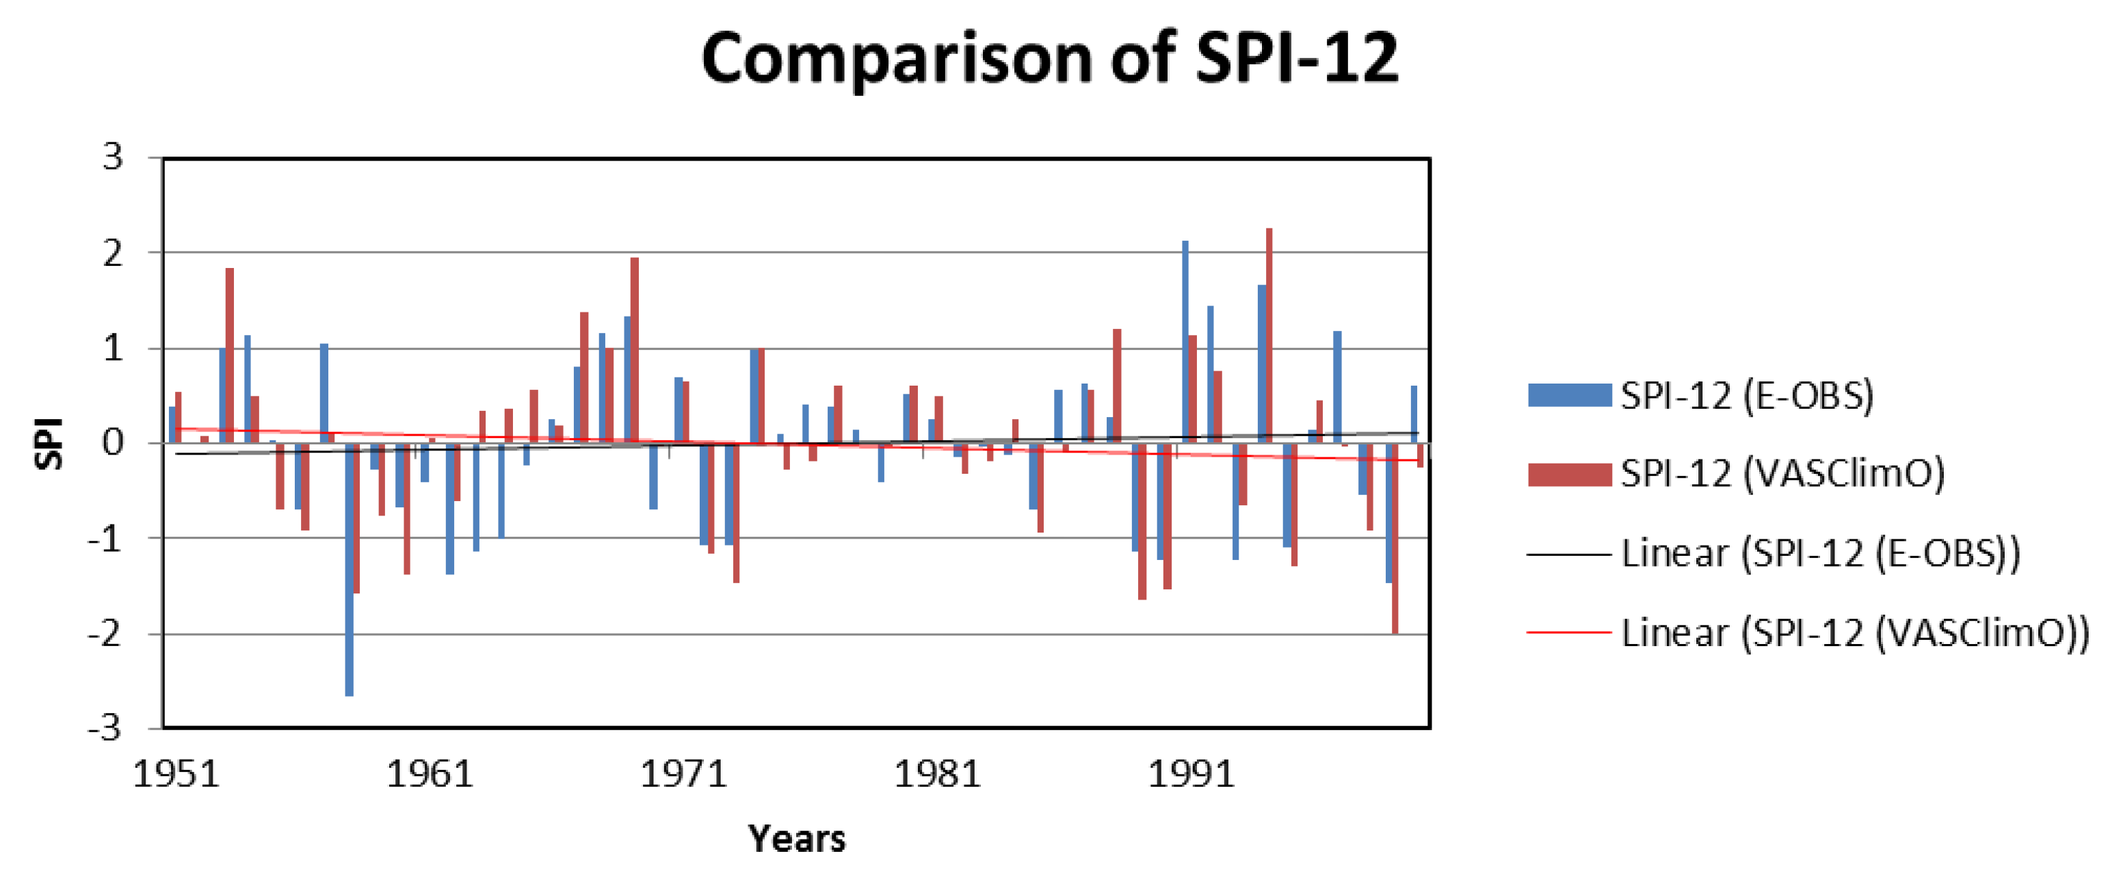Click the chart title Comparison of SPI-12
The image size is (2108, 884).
point(1050,59)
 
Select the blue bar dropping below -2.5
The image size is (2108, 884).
point(350,570)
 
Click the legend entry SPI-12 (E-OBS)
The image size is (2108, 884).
point(1747,396)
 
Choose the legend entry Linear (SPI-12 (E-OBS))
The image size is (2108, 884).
point(1820,554)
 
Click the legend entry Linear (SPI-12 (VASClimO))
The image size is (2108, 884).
point(1854,633)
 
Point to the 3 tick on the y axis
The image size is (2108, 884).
point(113,157)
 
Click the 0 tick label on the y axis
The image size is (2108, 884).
point(113,443)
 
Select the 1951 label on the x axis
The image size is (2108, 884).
point(176,774)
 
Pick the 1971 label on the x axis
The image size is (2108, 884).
point(683,774)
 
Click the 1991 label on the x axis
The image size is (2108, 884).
point(1191,774)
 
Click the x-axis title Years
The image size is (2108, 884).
point(796,839)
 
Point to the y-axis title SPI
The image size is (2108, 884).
point(49,443)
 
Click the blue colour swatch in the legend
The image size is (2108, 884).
point(1569,396)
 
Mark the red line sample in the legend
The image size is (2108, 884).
point(1569,633)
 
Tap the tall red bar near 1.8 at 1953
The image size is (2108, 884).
point(230,356)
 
